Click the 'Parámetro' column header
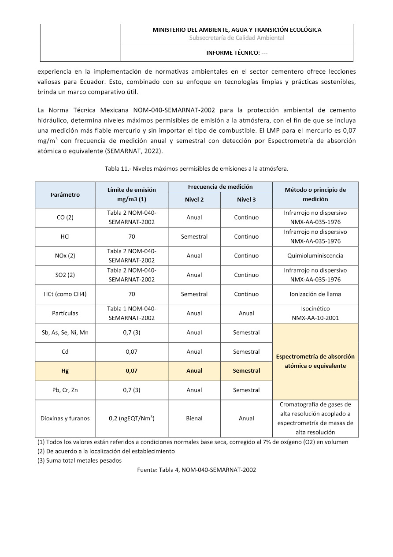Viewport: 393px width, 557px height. point(65,194)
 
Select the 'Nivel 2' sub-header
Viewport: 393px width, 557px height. point(194,199)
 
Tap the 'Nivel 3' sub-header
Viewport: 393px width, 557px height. point(246,199)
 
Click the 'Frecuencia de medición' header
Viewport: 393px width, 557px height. point(220,187)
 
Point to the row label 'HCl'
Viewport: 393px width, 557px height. point(65,236)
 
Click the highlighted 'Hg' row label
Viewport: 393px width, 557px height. point(65,371)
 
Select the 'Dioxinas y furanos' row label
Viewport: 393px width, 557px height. point(65,418)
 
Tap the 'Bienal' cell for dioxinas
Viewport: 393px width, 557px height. point(194,418)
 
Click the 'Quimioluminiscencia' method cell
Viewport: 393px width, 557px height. point(315,255)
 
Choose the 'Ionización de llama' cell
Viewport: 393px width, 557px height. point(315,294)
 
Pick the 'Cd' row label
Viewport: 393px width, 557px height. point(65,351)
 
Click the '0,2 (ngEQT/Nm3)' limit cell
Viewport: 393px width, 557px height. point(131,418)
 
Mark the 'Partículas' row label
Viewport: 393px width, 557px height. point(65,313)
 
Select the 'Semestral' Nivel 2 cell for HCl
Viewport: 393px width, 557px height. point(194,236)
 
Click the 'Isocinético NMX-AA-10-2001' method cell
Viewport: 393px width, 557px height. point(315,313)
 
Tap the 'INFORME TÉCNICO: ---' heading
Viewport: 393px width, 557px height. point(237,52)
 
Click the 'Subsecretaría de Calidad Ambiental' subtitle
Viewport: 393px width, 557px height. point(237,38)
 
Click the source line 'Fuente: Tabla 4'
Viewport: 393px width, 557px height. point(196,470)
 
